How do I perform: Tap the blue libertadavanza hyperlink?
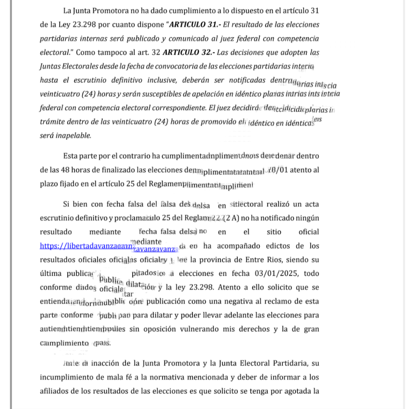[x=87, y=246]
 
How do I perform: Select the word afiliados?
[x=56, y=391]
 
